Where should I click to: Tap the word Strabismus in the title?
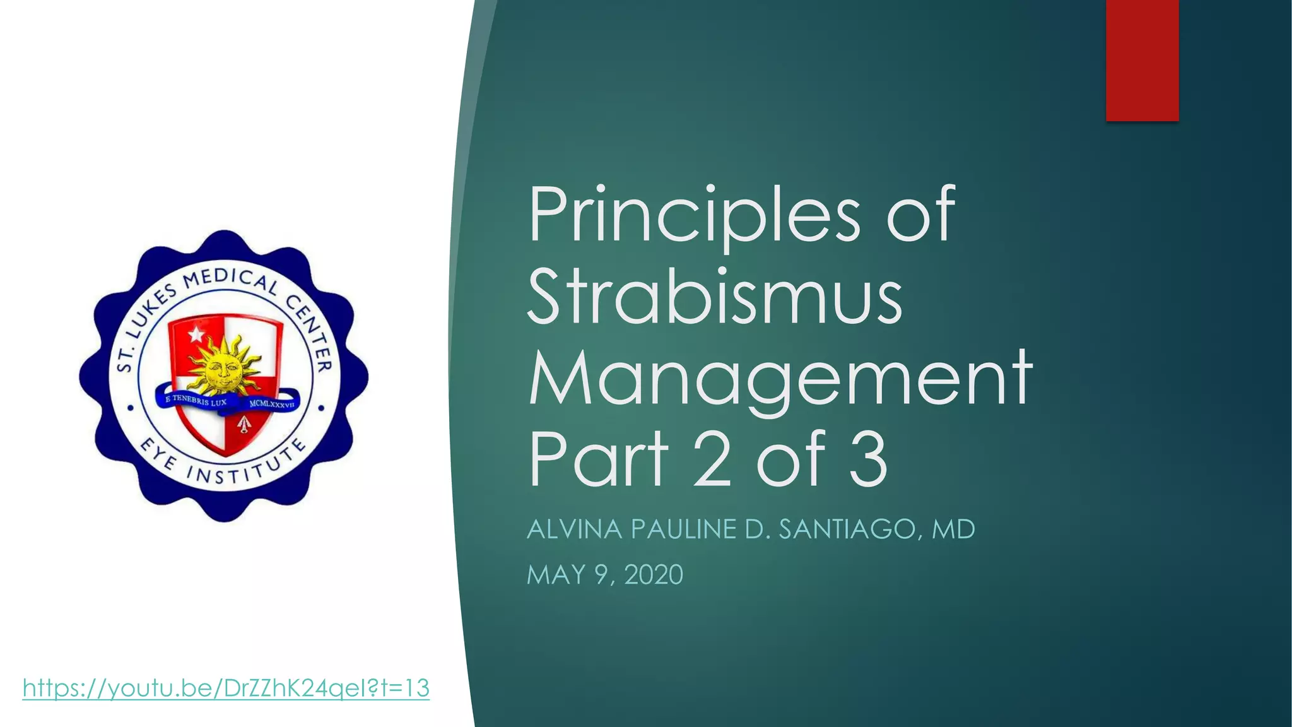coord(715,297)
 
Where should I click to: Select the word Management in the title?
coord(780,379)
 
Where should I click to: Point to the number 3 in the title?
coord(868,459)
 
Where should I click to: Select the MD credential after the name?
coord(953,529)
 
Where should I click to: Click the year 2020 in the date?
coord(654,575)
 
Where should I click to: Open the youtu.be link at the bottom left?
coord(226,688)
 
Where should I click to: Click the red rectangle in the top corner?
coord(1142,60)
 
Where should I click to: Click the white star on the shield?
coord(196,333)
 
